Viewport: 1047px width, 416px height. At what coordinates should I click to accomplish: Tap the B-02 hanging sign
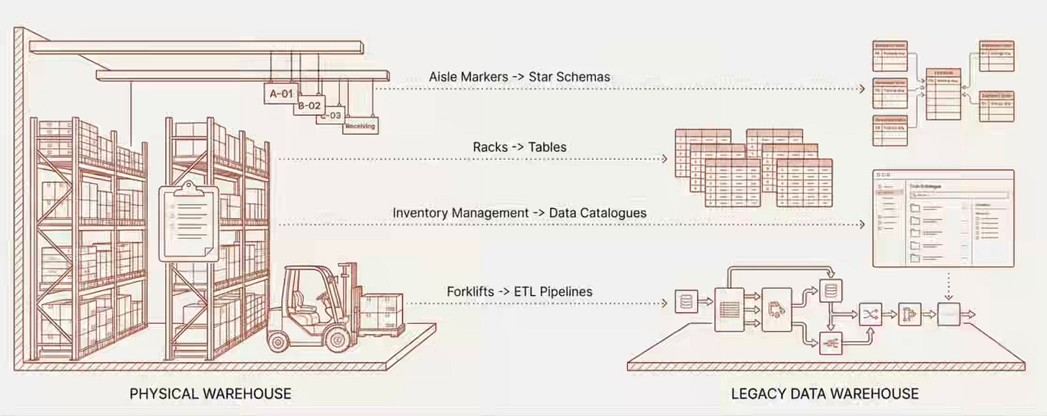(x=309, y=105)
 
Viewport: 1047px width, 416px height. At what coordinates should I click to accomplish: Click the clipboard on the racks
(x=188, y=222)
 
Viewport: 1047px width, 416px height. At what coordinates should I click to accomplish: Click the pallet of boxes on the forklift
(x=381, y=313)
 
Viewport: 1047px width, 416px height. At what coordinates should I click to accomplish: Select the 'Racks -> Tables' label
(x=519, y=147)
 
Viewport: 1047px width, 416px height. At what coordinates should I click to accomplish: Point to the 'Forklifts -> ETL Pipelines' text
(x=519, y=291)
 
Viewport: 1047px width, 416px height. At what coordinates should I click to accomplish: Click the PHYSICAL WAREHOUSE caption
(x=211, y=394)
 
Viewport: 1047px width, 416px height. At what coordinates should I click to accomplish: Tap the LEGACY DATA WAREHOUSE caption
(x=825, y=394)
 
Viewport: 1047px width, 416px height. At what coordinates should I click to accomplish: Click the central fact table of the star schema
(x=943, y=94)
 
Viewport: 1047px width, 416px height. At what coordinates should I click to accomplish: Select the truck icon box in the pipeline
(x=776, y=309)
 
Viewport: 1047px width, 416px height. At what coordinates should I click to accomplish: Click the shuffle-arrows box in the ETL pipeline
(x=871, y=315)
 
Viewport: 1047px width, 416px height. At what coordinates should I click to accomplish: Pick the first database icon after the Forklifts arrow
(x=686, y=302)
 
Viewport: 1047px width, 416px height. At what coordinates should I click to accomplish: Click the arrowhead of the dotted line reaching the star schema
(x=863, y=89)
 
